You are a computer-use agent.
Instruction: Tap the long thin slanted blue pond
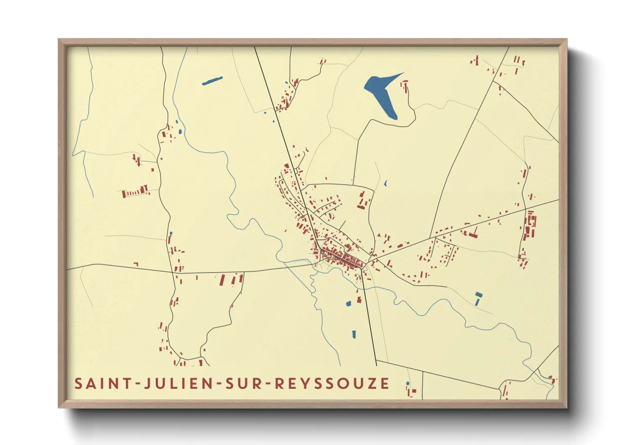pyautogui.click(x=212, y=80)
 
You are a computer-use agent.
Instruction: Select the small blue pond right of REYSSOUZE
pyautogui.click(x=407, y=383)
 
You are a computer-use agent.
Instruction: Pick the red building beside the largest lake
pyautogui.click(x=405, y=86)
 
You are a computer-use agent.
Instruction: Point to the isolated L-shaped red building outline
pyautogui.click(x=136, y=264)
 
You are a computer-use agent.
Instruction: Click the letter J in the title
pyautogui.click(x=148, y=384)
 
